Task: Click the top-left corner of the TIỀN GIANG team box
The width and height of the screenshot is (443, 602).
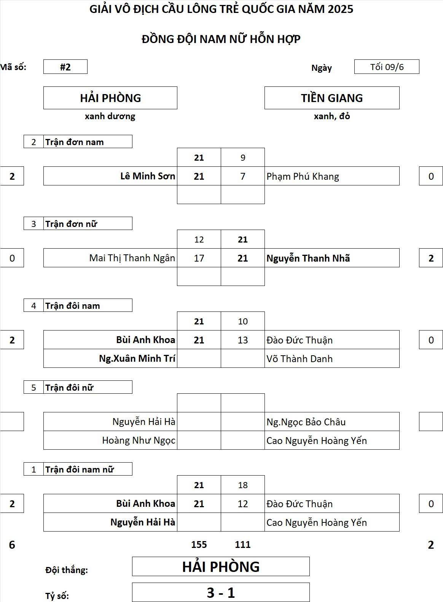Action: [x=265, y=86]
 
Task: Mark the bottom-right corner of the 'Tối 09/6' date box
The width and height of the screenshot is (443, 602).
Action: [x=419, y=73]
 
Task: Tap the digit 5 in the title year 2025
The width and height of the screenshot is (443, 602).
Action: [x=350, y=10]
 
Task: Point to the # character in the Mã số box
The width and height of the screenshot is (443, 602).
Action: [x=62, y=67]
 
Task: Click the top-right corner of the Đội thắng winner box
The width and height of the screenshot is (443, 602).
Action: [x=309, y=557]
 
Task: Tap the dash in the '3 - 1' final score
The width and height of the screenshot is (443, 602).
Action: [x=221, y=593]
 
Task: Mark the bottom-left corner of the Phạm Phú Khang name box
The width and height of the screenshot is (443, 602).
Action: [x=265, y=185]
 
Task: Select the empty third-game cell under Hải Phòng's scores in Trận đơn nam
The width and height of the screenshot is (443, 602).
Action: [x=199, y=195]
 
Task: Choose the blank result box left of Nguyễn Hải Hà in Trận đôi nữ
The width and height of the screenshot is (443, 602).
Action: [x=12, y=422]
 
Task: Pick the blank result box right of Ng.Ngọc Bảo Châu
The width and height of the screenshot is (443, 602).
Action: [x=431, y=422]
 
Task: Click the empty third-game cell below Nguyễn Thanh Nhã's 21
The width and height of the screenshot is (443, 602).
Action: [x=242, y=276]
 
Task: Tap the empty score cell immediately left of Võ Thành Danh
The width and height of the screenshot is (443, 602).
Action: [x=242, y=358]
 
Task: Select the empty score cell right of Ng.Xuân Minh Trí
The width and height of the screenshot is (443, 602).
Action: [x=199, y=358]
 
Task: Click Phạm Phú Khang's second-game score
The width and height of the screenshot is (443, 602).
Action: [x=242, y=176]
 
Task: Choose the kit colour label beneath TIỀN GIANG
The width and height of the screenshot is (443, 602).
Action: [x=332, y=116]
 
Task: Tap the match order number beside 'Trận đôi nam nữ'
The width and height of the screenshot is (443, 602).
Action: [x=33, y=469]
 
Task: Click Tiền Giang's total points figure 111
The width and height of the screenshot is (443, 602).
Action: [x=242, y=545]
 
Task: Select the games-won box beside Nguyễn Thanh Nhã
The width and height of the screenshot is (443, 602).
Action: [x=431, y=258]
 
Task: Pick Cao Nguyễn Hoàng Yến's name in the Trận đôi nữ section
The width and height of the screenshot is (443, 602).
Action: [x=317, y=441]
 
